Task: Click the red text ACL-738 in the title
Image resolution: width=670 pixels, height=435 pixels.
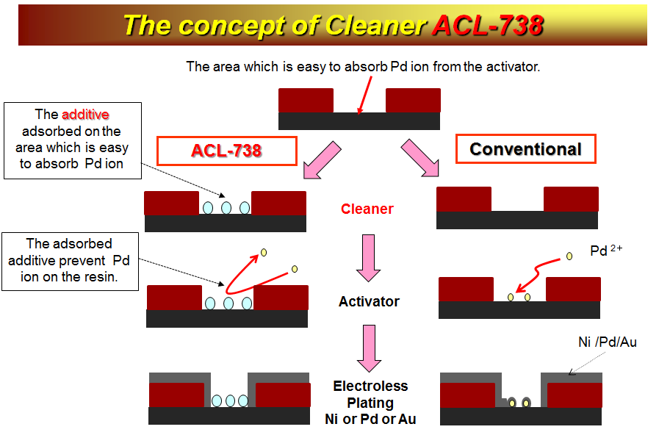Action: pyautogui.click(x=488, y=25)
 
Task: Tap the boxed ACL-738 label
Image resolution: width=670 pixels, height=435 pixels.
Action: pyautogui.click(x=226, y=151)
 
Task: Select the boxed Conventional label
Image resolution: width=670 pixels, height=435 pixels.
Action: pyautogui.click(x=525, y=149)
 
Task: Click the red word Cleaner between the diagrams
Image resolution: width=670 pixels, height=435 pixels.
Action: pyautogui.click(x=367, y=209)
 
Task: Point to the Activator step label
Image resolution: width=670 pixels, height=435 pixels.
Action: pyautogui.click(x=369, y=301)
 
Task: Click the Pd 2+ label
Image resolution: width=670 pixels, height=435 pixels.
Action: pyautogui.click(x=606, y=250)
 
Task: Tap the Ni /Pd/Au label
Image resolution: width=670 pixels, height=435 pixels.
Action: pyautogui.click(x=607, y=342)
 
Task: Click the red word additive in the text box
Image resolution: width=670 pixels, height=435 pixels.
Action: pyautogui.click(x=85, y=115)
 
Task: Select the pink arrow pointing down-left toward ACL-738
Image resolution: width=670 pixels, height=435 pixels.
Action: pyautogui.click(x=321, y=159)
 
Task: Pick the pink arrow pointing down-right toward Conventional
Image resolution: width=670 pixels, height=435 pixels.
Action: pyautogui.click(x=420, y=158)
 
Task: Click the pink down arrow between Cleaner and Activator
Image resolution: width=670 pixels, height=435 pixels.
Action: pyautogui.click(x=368, y=258)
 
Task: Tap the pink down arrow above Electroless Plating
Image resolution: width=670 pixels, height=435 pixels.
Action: pyautogui.click(x=370, y=348)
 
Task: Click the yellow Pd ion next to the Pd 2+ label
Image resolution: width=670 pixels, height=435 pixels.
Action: pyautogui.click(x=569, y=256)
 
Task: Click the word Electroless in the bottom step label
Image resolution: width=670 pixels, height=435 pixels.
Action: pyautogui.click(x=370, y=386)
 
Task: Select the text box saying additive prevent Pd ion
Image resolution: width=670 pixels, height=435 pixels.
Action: pyautogui.click(x=70, y=262)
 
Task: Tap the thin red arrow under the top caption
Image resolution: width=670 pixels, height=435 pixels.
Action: pyautogui.click(x=365, y=96)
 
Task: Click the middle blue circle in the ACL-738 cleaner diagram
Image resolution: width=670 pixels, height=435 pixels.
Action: pyautogui.click(x=226, y=208)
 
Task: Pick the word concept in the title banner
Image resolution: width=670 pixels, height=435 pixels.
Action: pyautogui.click(x=231, y=26)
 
